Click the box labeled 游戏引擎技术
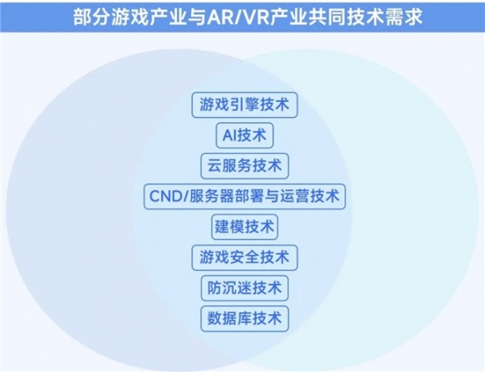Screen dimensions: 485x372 pyautogui.click(x=245, y=105)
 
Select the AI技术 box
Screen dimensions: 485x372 pyautogui.click(x=245, y=135)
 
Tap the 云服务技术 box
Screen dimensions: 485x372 pyautogui.click(x=245, y=166)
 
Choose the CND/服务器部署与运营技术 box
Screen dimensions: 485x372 pyautogui.click(x=245, y=196)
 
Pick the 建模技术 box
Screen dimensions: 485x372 pyautogui.click(x=245, y=227)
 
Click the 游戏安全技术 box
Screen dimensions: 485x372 pyautogui.click(x=245, y=257)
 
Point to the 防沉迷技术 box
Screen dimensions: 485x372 pyautogui.click(x=245, y=288)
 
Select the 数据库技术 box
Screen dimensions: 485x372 pyautogui.click(x=245, y=319)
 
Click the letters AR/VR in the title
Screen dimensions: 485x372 pyautogui.click(x=238, y=17)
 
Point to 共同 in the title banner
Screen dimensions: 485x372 pyautogui.click(x=327, y=17)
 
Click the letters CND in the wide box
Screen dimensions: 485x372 pyautogui.click(x=165, y=196)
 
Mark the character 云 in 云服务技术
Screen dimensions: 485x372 pyautogui.click(x=214, y=166)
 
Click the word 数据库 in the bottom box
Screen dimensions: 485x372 pyautogui.click(x=229, y=319)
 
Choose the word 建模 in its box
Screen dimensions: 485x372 pyautogui.click(x=229, y=227)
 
